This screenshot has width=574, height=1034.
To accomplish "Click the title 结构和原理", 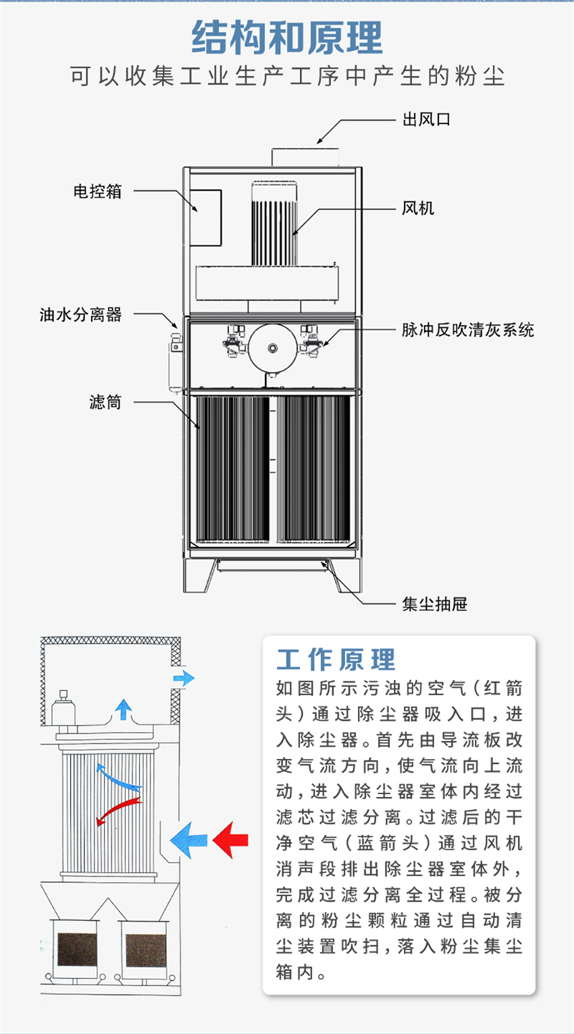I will click(287, 38).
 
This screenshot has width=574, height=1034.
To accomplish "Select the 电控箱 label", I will click(97, 191).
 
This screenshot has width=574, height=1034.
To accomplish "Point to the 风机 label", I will click(418, 209).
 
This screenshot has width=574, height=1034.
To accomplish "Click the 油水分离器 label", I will click(80, 314).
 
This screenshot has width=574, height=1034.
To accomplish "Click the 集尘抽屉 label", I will click(434, 604).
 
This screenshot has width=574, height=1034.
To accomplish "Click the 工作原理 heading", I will click(336, 659).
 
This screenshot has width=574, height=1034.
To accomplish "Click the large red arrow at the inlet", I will click(232, 839).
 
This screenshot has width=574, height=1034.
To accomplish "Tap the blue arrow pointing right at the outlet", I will click(184, 677).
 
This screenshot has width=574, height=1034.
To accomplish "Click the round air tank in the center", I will click(272, 348).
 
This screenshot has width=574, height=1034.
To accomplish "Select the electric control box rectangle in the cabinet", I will click(205, 215).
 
